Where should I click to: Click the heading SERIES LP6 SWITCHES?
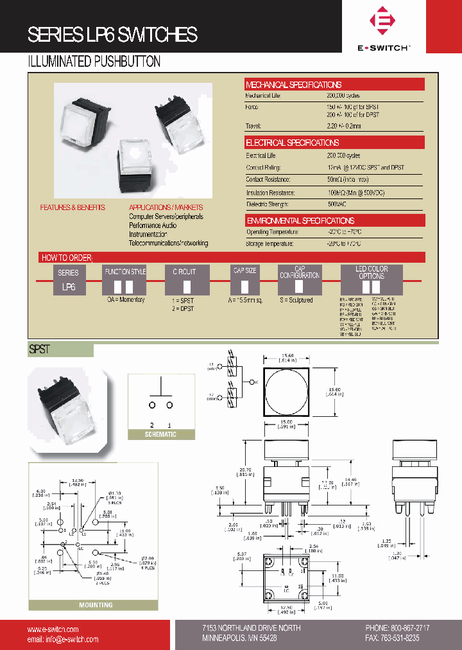[112, 35]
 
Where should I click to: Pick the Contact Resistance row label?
[268, 180]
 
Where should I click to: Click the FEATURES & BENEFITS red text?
[73, 207]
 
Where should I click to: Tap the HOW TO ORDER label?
[67, 258]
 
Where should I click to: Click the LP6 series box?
[69, 287]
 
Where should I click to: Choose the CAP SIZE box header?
[244, 271]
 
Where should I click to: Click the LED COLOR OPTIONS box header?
[372, 272]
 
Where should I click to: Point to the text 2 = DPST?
[182, 309]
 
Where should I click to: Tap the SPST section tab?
[40, 350]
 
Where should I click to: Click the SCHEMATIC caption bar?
[160, 435]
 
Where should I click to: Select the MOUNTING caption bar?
[95, 604]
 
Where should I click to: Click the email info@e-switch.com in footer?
[63, 639]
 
